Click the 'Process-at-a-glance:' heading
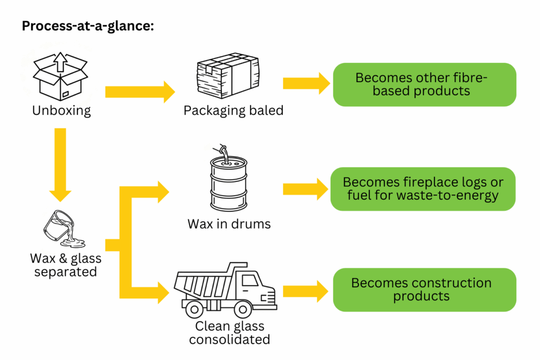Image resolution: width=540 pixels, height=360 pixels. (88, 26)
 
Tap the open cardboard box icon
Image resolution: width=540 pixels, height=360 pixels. (60, 76)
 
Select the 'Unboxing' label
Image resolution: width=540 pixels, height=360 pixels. (61, 111)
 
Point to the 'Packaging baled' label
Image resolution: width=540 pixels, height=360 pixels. (233, 111)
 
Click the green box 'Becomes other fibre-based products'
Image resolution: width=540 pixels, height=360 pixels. (424, 84)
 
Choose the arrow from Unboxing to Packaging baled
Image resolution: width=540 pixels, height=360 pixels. (140, 92)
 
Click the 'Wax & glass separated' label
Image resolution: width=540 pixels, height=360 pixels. (65, 266)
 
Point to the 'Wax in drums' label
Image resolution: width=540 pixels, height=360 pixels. (229, 224)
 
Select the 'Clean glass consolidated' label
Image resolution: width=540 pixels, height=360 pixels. (229, 333)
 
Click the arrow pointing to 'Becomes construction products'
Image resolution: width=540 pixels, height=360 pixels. (306, 290)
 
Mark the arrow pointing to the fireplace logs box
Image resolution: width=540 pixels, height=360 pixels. (306, 189)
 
